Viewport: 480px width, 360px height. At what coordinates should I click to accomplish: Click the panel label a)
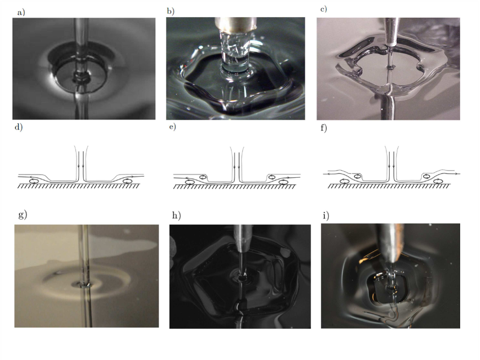point(21,13)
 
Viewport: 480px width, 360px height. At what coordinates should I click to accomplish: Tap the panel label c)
point(324,9)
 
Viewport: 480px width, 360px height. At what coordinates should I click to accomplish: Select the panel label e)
point(173,127)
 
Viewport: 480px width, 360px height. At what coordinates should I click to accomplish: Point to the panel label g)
point(23,215)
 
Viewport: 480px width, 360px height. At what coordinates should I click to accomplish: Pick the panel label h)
point(176,216)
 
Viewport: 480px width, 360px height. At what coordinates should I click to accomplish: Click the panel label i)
point(326,216)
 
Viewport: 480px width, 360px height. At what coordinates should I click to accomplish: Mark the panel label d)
point(19,127)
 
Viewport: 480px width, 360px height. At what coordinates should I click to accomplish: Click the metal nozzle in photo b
point(235,24)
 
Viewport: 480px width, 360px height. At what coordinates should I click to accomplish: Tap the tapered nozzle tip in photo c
point(391,31)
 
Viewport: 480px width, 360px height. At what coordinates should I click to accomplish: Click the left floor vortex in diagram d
point(34,181)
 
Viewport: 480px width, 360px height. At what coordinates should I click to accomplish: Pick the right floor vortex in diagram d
point(128,181)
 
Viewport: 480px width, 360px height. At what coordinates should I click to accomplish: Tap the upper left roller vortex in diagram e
point(203,177)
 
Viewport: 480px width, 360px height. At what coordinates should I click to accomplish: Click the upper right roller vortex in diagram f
point(426,176)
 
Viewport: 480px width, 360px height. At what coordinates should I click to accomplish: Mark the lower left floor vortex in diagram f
point(345,181)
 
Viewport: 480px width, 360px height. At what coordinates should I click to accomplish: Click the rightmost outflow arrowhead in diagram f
point(458,174)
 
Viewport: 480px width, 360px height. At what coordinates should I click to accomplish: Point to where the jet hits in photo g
point(83,284)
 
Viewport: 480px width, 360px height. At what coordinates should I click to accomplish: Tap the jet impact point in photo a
point(81,79)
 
